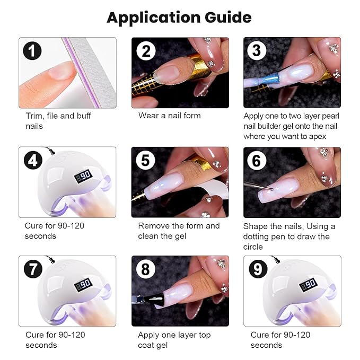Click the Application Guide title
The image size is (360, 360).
(x=179, y=17)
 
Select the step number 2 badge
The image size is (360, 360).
(x=145, y=51)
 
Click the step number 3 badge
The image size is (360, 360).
(x=257, y=51)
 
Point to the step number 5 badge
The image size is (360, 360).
(x=145, y=160)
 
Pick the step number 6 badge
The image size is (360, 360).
(x=257, y=160)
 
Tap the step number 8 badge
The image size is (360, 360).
(x=145, y=269)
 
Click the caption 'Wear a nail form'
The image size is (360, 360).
(x=170, y=115)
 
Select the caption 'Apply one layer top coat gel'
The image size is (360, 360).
(x=174, y=340)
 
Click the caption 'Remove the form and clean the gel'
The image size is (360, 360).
(x=178, y=231)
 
